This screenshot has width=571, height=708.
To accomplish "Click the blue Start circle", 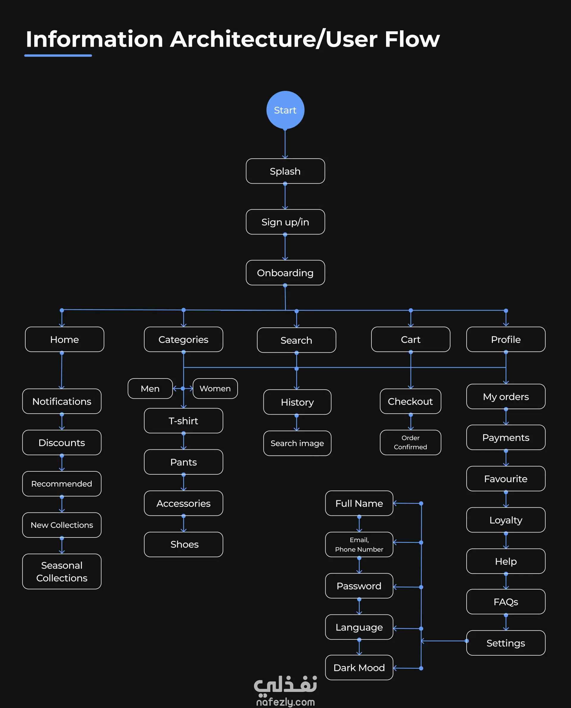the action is coord(285,110).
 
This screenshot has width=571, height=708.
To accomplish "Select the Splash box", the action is coord(285,171).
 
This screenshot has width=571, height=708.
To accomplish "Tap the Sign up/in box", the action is coord(285,222).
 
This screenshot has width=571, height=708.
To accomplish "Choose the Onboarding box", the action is coord(285,273).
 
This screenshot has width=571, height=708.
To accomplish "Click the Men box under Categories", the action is coord(150,388).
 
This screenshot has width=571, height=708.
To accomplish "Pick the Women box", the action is coord(215,388).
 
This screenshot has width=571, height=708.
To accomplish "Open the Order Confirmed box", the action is coord(410,442).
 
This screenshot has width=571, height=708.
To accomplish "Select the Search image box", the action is coord(297,443).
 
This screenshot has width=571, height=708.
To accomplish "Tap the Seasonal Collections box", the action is coord(62,571).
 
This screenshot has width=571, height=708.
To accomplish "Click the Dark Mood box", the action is coord(359,668).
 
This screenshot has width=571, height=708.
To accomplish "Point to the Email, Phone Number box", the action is coord(359,544).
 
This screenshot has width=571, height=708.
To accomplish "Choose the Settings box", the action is coord(506,643).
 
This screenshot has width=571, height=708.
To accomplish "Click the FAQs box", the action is coord(506,602).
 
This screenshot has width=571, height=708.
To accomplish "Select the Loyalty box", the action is coord(506,520).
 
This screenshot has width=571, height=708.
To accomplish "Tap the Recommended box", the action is coord(62,484).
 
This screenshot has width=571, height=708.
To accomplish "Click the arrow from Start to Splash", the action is coord(285,144).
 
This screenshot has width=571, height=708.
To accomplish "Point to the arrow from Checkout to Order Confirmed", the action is coord(410,422).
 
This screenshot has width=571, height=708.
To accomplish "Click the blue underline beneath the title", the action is coord(58,56).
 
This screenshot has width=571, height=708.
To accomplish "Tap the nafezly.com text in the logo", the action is coord(285,702).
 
